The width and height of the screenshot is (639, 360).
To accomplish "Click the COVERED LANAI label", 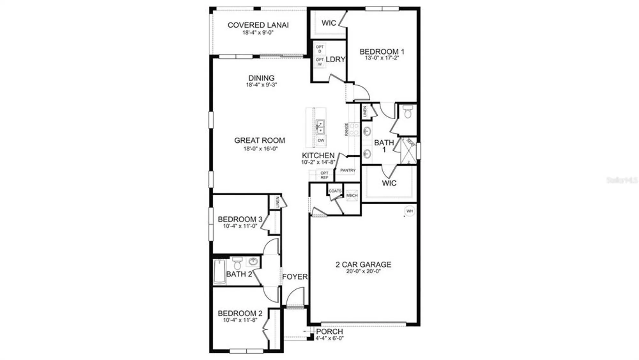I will click(258, 25).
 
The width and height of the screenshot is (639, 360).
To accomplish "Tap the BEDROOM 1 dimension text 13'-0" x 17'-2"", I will click(382, 58).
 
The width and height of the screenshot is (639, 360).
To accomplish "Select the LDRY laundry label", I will click(335, 59).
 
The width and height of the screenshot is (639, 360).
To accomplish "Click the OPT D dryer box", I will click(319, 49).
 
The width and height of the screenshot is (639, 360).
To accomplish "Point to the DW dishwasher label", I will click(321, 140).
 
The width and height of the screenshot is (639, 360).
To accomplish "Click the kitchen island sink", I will click(320, 127).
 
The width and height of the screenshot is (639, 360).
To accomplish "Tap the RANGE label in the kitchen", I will click(346, 129).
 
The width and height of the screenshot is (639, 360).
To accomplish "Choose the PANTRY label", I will click(348, 170).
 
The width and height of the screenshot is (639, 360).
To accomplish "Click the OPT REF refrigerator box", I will click(324, 175).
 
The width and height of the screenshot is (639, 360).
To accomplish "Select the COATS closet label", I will click(335, 191).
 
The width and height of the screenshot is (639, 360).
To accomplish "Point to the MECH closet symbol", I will click(352, 195).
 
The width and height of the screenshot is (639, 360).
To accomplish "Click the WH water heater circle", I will click(410, 211).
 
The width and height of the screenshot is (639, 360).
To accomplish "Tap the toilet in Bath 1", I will click(408, 112).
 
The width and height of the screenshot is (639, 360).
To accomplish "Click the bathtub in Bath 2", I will click(219, 271).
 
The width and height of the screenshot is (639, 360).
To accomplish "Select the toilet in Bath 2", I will click(237, 263).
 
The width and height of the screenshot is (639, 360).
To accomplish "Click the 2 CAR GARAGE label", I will click(363, 265).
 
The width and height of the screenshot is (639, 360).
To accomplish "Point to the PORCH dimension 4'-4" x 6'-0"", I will click(330, 338).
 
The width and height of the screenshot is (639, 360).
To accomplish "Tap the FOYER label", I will click(295, 277).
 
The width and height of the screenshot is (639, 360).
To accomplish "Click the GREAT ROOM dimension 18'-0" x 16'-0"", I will click(260, 149).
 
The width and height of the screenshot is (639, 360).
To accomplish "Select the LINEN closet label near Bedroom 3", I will click(277, 202).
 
